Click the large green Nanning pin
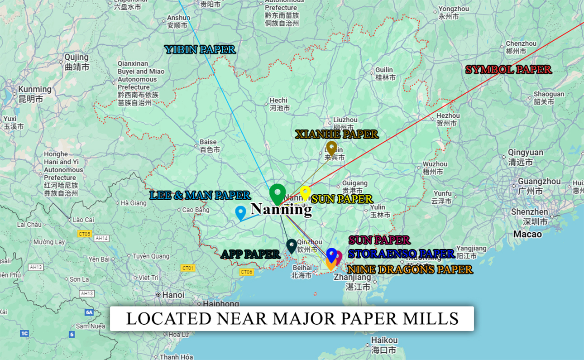pyautogui.click(x=278, y=193)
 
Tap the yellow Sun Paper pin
pyautogui.click(x=306, y=192)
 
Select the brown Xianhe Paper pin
pyautogui.click(x=332, y=148)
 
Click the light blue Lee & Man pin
pyautogui.click(x=240, y=212)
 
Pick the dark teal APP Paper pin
pyautogui.click(x=292, y=246)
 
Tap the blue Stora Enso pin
pyautogui.click(x=332, y=254)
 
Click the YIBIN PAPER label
pyautogui.click(x=200, y=49)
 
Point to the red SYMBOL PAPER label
pyautogui.click(x=508, y=70)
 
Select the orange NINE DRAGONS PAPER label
pyautogui.click(x=410, y=269)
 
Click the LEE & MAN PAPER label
pyautogui.click(x=200, y=195)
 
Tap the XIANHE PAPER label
pyautogui.click(x=336, y=134)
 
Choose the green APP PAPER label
pyautogui.click(x=250, y=254)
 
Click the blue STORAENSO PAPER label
pyautogui.click(x=401, y=254)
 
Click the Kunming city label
pyautogui.click(x=34, y=89)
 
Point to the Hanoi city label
pyautogui.click(x=173, y=295)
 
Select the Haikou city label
pyautogui.click(x=384, y=340)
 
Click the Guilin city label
pyautogui.click(x=384, y=70)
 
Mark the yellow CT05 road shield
pyautogui.click(x=84, y=234)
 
